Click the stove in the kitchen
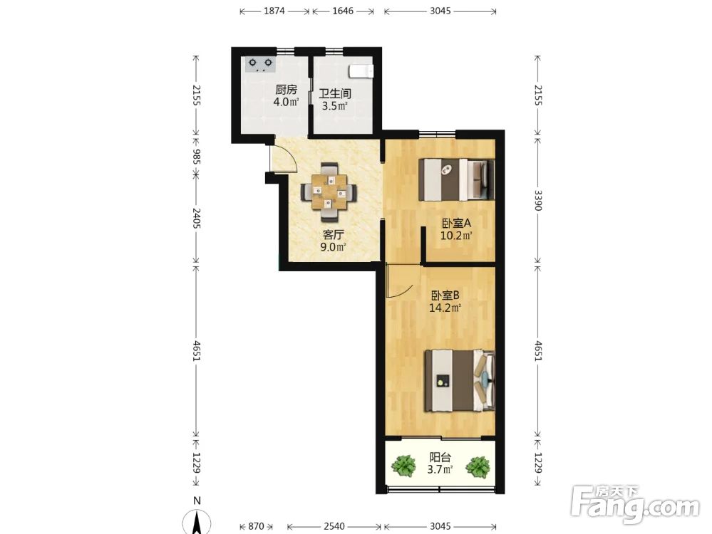(x=261, y=64)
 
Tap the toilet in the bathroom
(x=361, y=71)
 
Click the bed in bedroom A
(x=456, y=179)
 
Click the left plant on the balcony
(x=403, y=466)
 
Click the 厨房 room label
(x=286, y=90)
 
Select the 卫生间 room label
(x=335, y=94)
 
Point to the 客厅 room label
(x=333, y=234)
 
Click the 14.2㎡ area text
(x=445, y=308)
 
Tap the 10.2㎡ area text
(x=456, y=236)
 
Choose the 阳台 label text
(x=440, y=457)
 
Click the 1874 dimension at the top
(x=274, y=11)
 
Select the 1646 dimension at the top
(x=343, y=11)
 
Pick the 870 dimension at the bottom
(x=256, y=526)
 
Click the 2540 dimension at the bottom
(x=334, y=526)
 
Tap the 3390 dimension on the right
(x=538, y=200)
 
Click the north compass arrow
(x=197, y=522)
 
